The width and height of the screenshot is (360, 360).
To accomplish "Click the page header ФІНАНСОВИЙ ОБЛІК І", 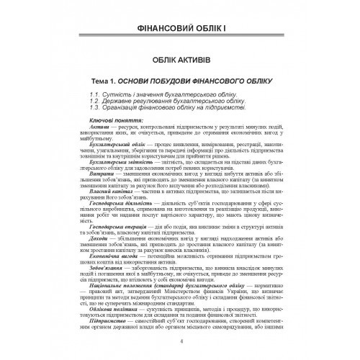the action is tap(180, 31).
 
